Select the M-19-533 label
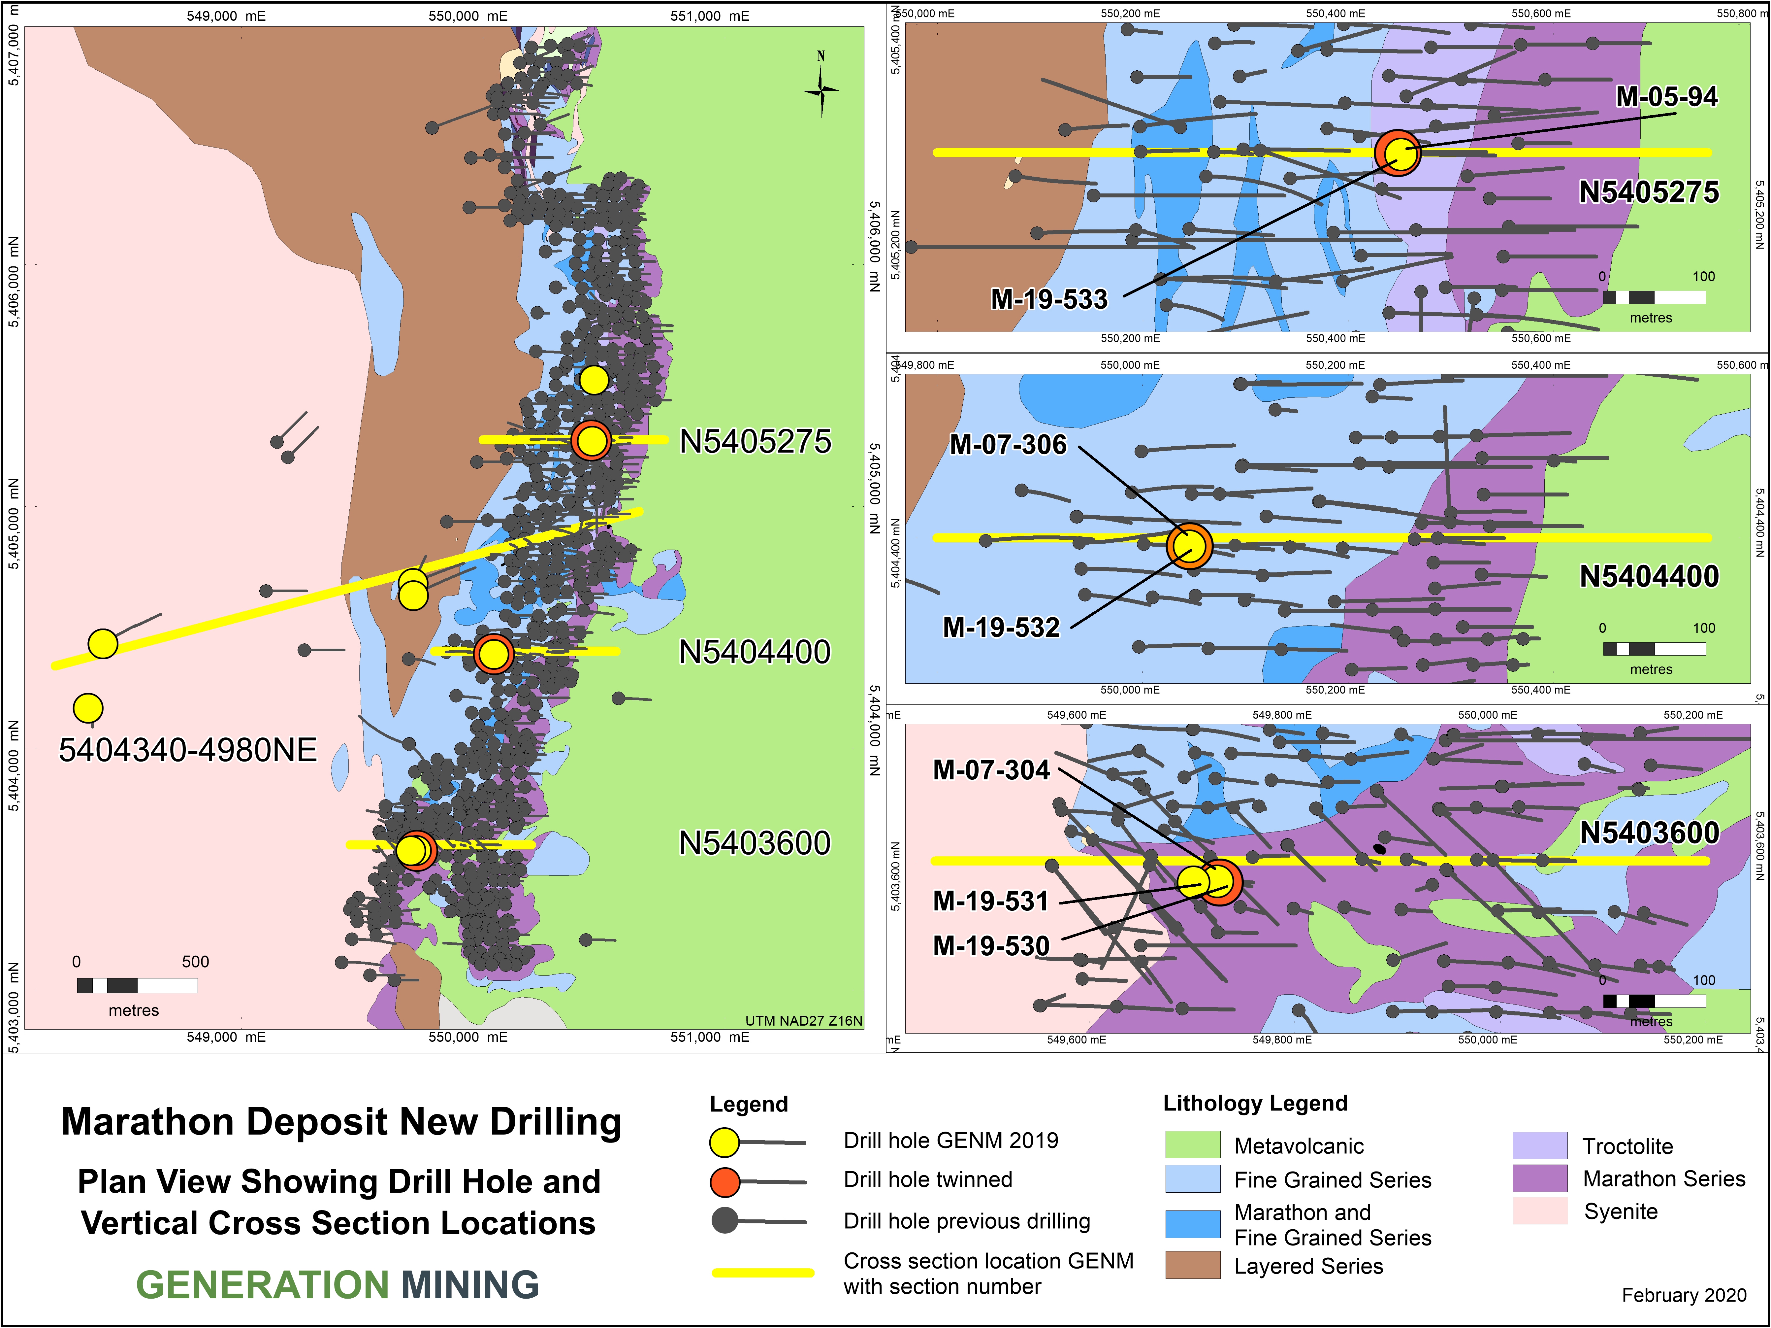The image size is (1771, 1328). click(x=1049, y=299)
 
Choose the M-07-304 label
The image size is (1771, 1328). click(x=991, y=770)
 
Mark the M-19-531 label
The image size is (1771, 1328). click(x=991, y=901)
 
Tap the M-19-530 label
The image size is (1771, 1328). click(x=991, y=946)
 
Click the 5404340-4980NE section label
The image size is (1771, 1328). click(x=188, y=751)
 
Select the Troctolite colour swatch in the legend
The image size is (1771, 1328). click(x=1539, y=1145)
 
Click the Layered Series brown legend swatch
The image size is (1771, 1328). click(x=1192, y=1266)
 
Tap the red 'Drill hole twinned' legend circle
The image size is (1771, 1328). click(x=724, y=1181)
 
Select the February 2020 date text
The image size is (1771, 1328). click(x=1684, y=1295)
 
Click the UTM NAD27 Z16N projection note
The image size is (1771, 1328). click(x=803, y=1020)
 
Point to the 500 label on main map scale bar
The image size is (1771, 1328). click(x=195, y=962)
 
